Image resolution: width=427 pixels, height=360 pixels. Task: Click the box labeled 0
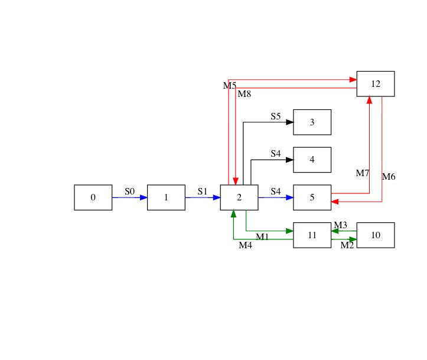pyautogui.click(x=93, y=197)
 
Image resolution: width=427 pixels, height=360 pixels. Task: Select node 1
pyautogui.click(x=166, y=197)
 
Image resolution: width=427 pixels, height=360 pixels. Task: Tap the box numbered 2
pyautogui.click(x=239, y=197)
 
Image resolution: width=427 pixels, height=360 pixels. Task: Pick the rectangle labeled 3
pyautogui.click(x=312, y=122)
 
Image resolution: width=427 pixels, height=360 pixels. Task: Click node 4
pyautogui.click(x=312, y=160)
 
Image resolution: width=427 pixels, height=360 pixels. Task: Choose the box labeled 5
pyautogui.click(x=312, y=197)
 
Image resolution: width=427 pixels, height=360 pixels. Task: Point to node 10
pyautogui.click(x=375, y=235)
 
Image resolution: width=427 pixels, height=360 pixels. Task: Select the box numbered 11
pyautogui.click(x=312, y=235)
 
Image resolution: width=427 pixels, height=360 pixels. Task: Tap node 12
pyautogui.click(x=375, y=84)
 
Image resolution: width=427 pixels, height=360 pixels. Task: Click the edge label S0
pyautogui.click(x=130, y=191)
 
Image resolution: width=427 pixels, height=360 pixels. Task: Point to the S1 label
pyautogui.click(x=203, y=191)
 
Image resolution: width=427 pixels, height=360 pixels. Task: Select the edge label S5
pyautogui.click(x=276, y=116)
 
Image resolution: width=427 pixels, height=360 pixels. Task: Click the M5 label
pyautogui.click(x=230, y=86)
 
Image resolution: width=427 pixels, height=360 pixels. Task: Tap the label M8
pyautogui.click(x=245, y=93)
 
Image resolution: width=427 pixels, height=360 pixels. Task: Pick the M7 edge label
pyautogui.click(x=362, y=173)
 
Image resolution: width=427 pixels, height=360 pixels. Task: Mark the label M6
pyautogui.click(x=389, y=177)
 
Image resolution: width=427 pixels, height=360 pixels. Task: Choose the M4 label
pyautogui.click(x=245, y=245)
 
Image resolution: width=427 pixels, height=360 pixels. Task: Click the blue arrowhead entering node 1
pyautogui.click(x=144, y=197)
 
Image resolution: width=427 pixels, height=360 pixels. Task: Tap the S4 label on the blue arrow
pyautogui.click(x=276, y=191)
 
